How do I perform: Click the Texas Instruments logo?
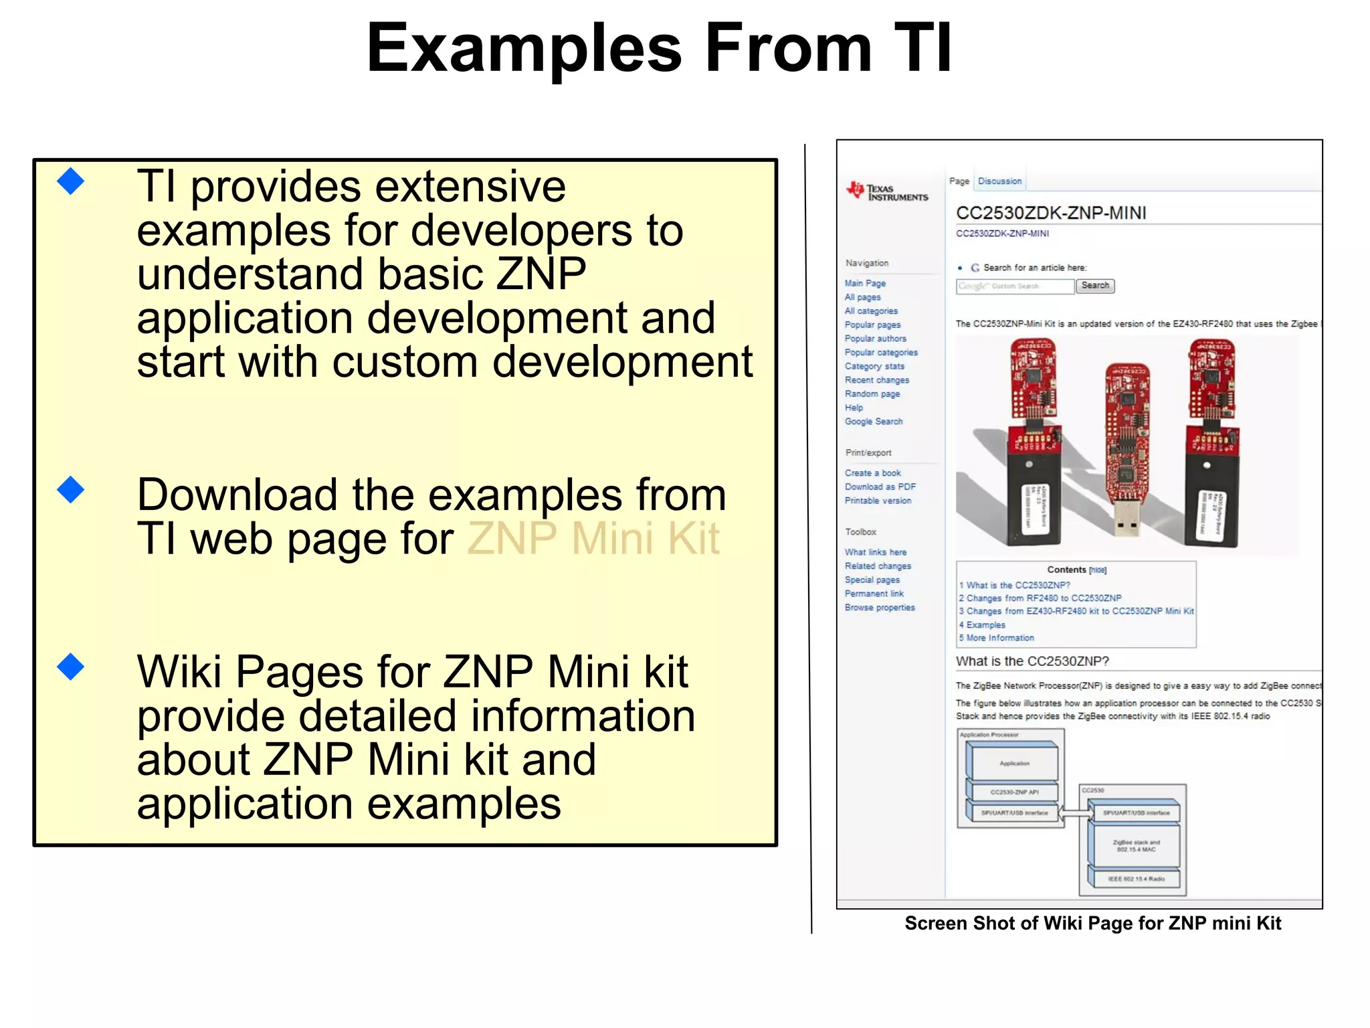coord(887,192)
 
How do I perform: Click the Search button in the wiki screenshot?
coord(1094,286)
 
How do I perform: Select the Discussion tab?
coord(999,181)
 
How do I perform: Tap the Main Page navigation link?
coord(865,283)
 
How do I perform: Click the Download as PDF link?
coord(880,487)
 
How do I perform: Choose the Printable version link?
coord(878,501)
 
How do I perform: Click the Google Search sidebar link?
coord(873,422)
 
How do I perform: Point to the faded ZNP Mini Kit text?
coord(593,538)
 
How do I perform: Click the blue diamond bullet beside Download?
coord(71,490)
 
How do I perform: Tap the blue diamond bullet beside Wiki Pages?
coord(71,667)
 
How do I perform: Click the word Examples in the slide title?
coord(524,48)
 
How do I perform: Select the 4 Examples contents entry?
coord(982,625)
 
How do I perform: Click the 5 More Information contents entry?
coord(997,638)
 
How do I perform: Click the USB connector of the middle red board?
coord(1127,519)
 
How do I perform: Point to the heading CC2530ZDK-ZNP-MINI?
coord(1050,213)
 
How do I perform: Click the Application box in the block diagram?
coord(1014,764)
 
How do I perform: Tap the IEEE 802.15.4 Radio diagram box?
coord(1135,879)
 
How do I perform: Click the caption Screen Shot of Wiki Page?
coord(1092,924)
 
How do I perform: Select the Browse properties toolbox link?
coord(879,608)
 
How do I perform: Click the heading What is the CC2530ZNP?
coord(1032,661)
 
